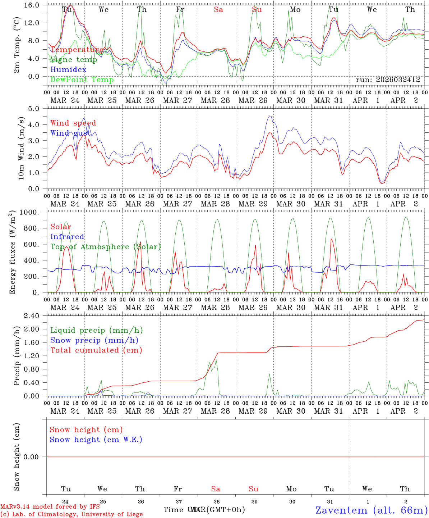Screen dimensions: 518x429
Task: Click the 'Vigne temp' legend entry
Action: pyautogui.click(x=74, y=60)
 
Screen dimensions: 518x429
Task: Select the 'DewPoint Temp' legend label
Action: pyautogui.click(x=82, y=80)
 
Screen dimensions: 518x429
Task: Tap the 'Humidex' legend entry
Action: pyautogui.click(x=68, y=70)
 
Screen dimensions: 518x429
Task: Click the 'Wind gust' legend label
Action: pyautogui.click(x=70, y=133)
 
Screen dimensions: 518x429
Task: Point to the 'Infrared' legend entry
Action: pyautogui.click(x=67, y=237)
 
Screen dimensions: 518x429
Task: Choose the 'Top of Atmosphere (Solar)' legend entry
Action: pyautogui.click(x=106, y=247)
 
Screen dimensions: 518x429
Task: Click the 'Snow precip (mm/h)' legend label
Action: pyautogui.click(x=94, y=340)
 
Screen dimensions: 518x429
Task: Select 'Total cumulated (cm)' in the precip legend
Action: pyautogui.click(x=96, y=350)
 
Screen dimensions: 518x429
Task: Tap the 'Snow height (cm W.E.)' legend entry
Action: pyautogui.click(x=96, y=440)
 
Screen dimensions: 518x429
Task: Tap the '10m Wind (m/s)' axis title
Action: pyautogui.click(x=21, y=148)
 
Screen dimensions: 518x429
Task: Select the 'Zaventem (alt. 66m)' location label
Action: pyautogui.click(x=371, y=510)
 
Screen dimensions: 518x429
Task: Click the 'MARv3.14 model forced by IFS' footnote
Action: pyautogui.click(x=50, y=507)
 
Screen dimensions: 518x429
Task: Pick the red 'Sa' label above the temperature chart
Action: pyautogui.click(x=218, y=10)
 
